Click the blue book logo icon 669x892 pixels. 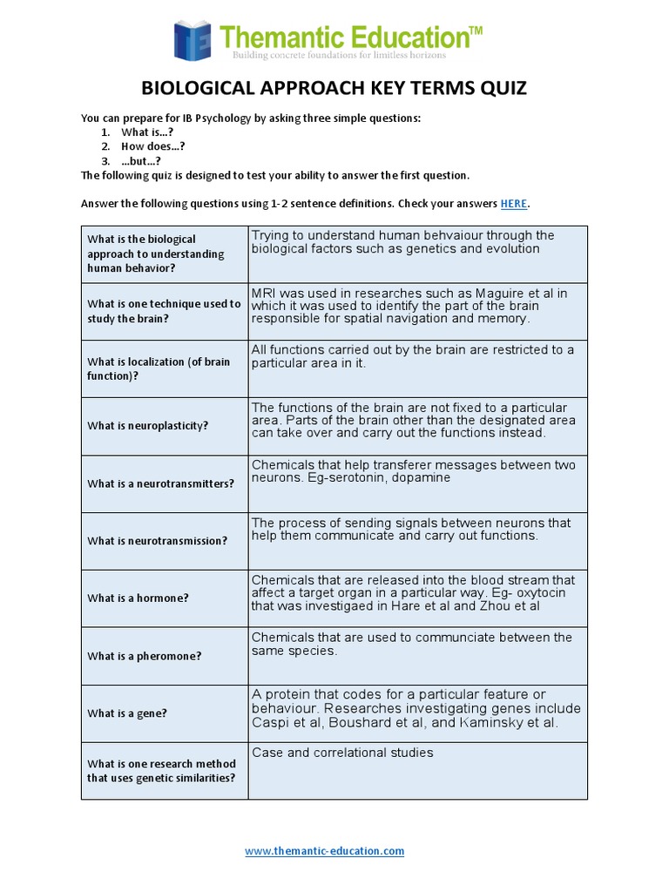193,40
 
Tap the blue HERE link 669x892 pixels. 513,204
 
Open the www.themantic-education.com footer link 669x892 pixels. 324,851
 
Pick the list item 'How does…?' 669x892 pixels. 152,146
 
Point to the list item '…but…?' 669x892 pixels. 141,161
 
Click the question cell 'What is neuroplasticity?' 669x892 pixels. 147,426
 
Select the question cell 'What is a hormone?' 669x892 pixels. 138,598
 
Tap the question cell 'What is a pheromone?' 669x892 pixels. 144,656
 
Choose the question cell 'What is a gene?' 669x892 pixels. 127,713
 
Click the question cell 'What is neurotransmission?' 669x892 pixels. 157,541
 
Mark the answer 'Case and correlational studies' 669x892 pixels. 342,753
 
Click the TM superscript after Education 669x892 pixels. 476,30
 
